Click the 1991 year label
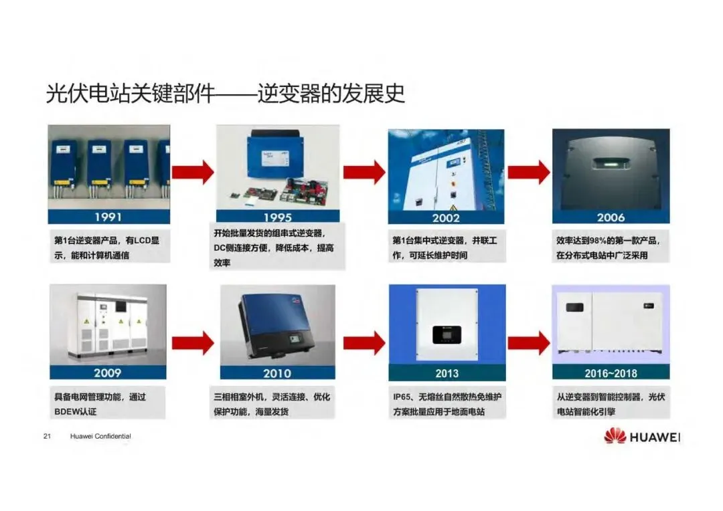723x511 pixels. [x=108, y=217]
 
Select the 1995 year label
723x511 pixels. [x=277, y=217]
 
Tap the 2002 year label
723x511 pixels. [x=446, y=217]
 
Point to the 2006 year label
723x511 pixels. [x=611, y=217]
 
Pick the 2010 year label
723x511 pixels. [x=277, y=373]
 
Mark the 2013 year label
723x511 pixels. [x=447, y=373]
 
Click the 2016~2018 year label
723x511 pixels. [x=611, y=373]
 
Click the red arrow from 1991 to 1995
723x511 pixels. [x=193, y=172]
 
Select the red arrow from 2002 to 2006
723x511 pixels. [x=528, y=172]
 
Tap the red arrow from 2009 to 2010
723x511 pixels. [x=193, y=342]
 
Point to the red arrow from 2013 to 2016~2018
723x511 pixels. [x=528, y=342]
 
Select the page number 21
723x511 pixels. [x=47, y=437]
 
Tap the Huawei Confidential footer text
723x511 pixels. [x=100, y=437]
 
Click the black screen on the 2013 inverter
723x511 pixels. [x=445, y=333]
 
